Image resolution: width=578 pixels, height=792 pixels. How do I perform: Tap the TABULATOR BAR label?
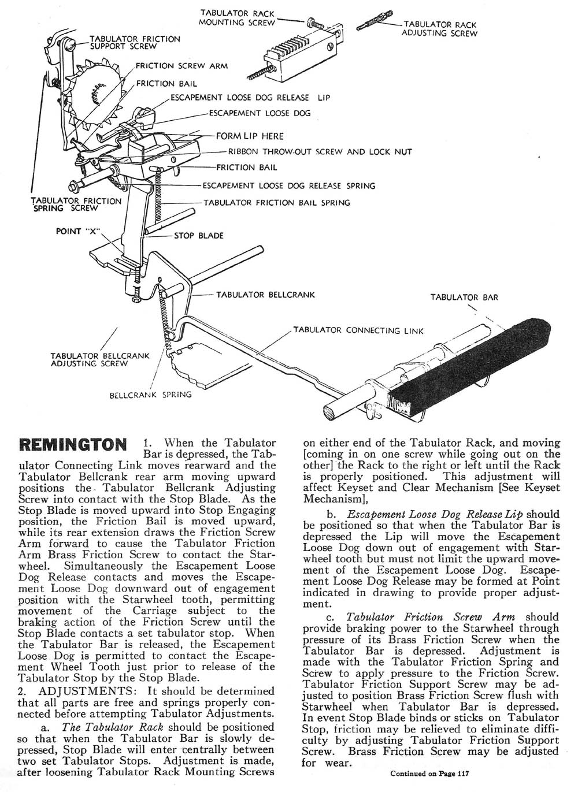[464, 298]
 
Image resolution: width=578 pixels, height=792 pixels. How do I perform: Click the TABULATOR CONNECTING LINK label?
[358, 330]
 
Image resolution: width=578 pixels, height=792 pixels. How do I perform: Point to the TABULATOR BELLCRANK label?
[265, 295]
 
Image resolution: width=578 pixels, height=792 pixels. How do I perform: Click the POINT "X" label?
[77, 231]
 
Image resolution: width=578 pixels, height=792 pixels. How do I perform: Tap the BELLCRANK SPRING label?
[150, 396]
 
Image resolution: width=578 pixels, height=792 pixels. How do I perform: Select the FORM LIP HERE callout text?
[250, 136]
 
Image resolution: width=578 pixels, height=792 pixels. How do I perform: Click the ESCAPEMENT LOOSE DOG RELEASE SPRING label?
[288, 185]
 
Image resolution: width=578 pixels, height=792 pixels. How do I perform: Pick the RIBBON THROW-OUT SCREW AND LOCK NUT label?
[320, 152]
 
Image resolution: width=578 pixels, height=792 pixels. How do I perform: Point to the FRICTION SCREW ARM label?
[181, 66]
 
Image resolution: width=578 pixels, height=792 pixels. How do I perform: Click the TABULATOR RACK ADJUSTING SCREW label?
[440, 29]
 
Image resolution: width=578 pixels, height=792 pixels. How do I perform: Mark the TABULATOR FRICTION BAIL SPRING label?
[277, 203]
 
